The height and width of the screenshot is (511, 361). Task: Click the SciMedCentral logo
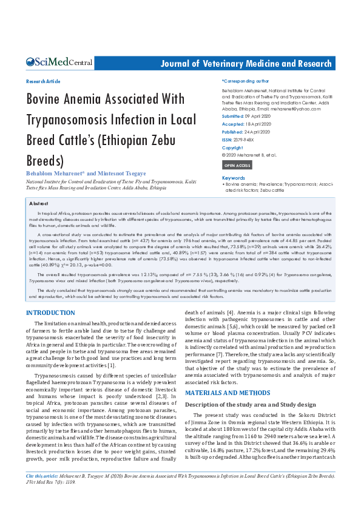[59, 63]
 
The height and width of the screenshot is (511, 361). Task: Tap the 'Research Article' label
[43, 81]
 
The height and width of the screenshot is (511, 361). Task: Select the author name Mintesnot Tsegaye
[116, 174]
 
